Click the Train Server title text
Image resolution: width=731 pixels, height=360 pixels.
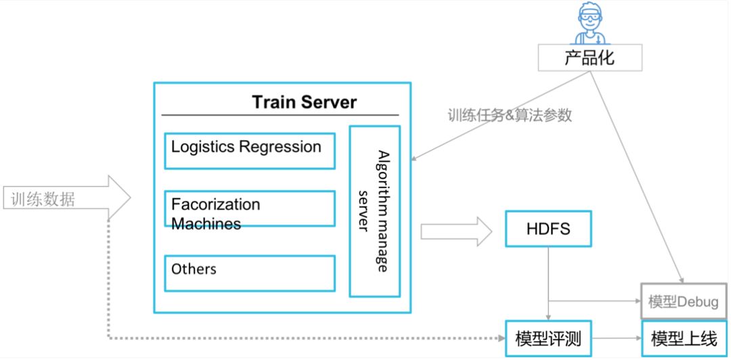click(304, 102)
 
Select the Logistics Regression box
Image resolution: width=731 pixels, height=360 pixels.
click(250, 150)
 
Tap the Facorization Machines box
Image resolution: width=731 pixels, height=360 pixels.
click(250, 208)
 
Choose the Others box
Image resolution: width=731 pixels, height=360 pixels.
click(250, 273)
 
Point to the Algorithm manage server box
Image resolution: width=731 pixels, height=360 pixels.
click(374, 211)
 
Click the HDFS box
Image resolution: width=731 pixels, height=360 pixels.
click(548, 229)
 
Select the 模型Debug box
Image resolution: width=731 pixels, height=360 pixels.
click(682, 301)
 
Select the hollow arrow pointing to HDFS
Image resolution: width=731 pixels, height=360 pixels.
click(455, 232)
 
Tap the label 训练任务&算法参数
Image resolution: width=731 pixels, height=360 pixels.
click(509, 115)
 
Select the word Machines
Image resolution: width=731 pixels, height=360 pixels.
click(206, 223)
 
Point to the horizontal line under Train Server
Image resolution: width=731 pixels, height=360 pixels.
click(280, 116)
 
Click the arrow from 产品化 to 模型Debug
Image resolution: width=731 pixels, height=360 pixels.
click(636, 176)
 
